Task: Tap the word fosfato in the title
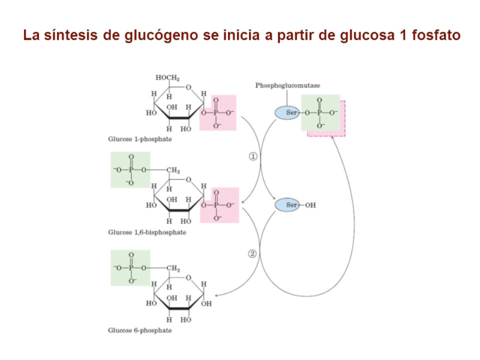(434, 35)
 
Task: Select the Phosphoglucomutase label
(287, 86)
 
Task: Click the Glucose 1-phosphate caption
(140, 140)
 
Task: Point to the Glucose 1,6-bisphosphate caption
(147, 233)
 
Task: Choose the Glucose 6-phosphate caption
(140, 330)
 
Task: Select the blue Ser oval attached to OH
(287, 205)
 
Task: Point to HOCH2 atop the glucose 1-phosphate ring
(168, 78)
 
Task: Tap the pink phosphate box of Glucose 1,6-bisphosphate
(220, 205)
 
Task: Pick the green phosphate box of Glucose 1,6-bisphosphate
(130, 170)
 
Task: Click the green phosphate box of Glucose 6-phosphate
(130, 268)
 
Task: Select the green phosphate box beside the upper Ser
(320, 112)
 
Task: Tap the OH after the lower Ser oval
(310, 205)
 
